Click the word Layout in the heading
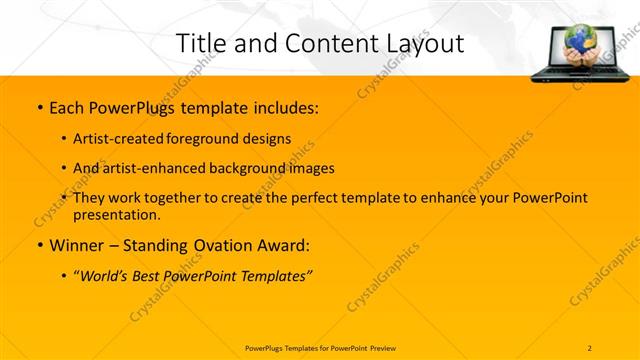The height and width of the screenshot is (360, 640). click(x=423, y=43)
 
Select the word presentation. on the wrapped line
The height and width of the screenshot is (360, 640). click(x=117, y=214)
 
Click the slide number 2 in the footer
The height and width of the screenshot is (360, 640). click(x=590, y=347)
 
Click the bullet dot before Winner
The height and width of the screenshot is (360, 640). click(x=39, y=246)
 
